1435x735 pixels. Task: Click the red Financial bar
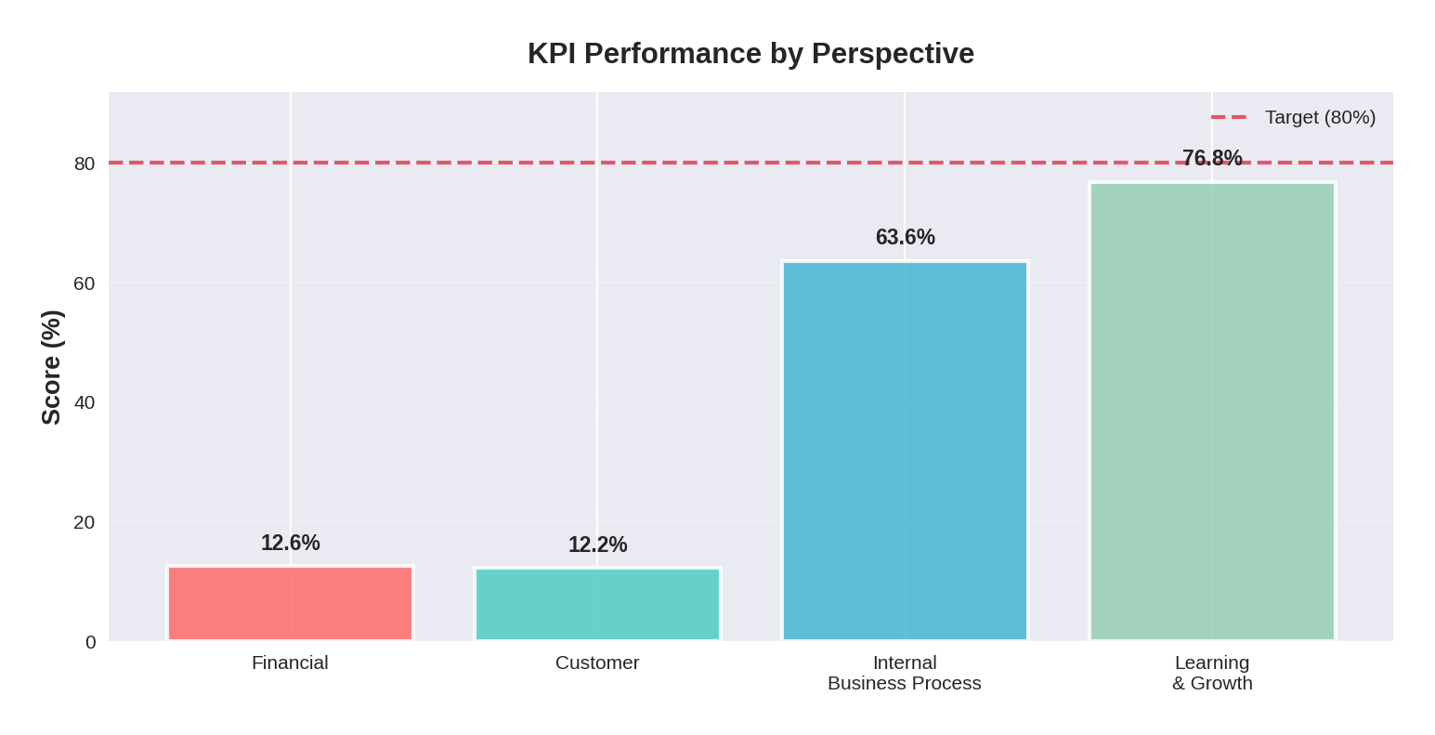(x=290, y=603)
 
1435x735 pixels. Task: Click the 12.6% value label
(x=290, y=543)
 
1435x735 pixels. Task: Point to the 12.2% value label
(x=597, y=545)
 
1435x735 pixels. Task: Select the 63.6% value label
(x=905, y=237)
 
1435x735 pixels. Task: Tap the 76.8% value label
(x=1212, y=158)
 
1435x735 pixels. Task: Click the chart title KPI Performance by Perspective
(x=750, y=53)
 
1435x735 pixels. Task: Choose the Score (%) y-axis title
(x=51, y=367)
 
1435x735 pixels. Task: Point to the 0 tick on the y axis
(x=90, y=642)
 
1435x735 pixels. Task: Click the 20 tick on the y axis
(x=85, y=522)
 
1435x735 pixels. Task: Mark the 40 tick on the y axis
(x=85, y=402)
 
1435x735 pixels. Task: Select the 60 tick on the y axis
(x=85, y=283)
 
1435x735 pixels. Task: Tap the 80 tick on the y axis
(x=85, y=164)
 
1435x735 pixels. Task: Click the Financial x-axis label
(x=290, y=663)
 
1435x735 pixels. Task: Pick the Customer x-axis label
(x=597, y=663)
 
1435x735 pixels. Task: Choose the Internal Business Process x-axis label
(x=905, y=673)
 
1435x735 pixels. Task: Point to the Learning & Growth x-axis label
(x=1212, y=673)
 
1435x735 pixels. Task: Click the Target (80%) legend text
(x=1320, y=117)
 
